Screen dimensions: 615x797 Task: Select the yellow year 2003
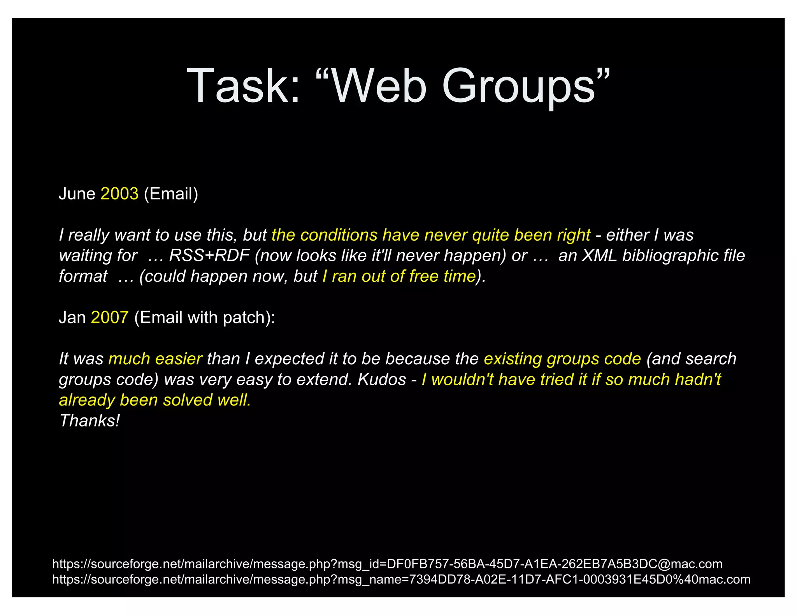pos(119,194)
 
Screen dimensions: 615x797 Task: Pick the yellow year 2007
pos(110,318)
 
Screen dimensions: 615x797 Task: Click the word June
pos(77,194)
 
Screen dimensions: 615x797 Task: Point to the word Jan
pos(72,318)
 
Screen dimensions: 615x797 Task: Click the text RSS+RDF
pos(209,256)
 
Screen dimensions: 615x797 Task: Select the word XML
pos(599,256)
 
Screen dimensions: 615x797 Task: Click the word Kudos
pos(382,379)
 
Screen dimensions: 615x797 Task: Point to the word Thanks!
pos(90,421)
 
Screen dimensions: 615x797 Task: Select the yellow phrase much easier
pos(155,359)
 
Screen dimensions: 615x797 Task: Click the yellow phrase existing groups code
pos(562,359)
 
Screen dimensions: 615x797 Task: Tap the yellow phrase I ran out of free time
pos(399,276)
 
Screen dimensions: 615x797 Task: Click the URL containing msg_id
pos(387,564)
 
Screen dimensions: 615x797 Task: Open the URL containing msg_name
pos(401,579)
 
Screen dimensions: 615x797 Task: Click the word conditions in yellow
pos(339,235)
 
